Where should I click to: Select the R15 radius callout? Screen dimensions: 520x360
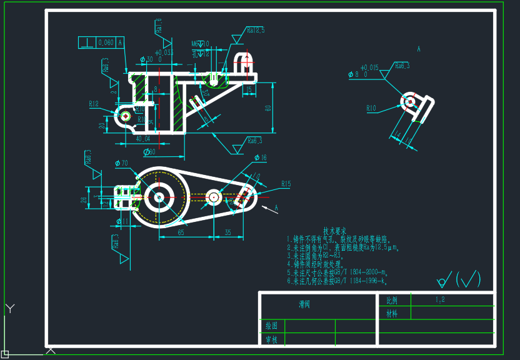click(286, 184)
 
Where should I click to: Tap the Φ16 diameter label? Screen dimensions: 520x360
click(261, 157)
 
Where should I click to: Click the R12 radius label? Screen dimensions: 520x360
click(94, 104)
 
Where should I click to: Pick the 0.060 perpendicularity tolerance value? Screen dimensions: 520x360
click(106, 42)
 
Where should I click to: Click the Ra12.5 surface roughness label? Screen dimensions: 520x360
click(256, 29)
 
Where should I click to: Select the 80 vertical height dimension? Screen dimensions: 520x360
click(268, 107)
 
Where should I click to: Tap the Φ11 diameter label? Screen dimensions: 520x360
click(122, 221)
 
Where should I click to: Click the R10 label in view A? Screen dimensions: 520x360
click(371, 108)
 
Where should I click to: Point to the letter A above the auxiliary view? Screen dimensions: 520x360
click(418, 49)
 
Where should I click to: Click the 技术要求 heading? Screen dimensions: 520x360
click(334, 231)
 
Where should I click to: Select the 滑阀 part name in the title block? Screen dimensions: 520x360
click(304, 305)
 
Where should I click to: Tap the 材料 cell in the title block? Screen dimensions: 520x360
click(392, 313)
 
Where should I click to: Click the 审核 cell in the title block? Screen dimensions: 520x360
click(271, 340)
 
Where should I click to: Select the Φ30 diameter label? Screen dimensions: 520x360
click(147, 59)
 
